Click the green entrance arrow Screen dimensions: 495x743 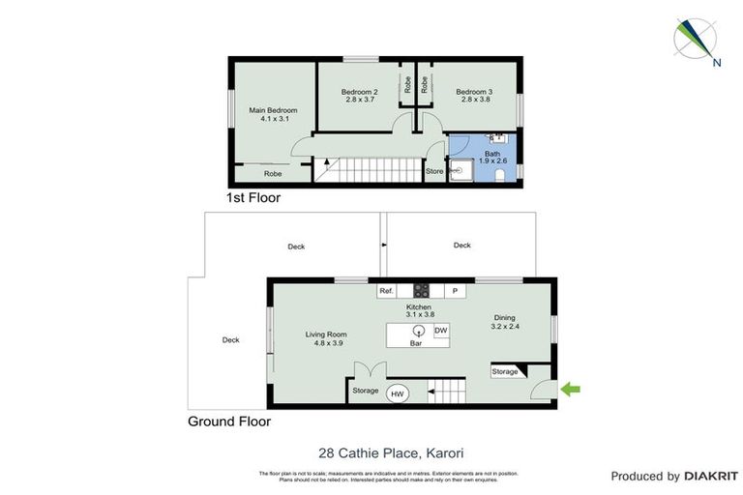click(x=571, y=390)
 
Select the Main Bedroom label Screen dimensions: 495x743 click(x=273, y=115)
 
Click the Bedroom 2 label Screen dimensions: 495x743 click(x=359, y=96)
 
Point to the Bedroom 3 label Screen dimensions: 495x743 click(x=473, y=96)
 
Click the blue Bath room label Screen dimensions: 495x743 click(x=492, y=157)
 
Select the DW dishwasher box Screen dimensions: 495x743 click(x=440, y=331)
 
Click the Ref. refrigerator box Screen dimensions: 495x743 click(x=385, y=290)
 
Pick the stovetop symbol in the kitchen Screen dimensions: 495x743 click(x=422, y=289)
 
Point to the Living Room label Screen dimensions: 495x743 click(x=326, y=338)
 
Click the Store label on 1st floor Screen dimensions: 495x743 click(x=434, y=172)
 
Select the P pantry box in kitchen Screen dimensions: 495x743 click(x=455, y=290)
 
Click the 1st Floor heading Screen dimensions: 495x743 click(x=253, y=197)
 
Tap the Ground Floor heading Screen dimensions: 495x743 click(x=229, y=422)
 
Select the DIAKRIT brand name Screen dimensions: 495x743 click(x=711, y=476)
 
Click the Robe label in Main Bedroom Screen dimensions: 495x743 click(x=273, y=174)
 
